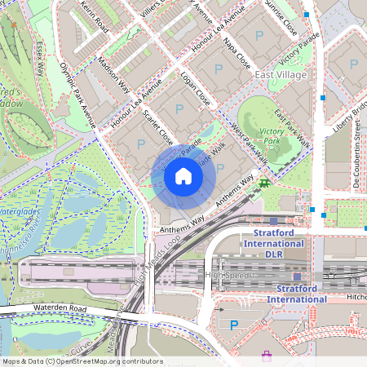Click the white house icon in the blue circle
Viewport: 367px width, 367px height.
click(183, 175)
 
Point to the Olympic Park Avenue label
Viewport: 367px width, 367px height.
click(78, 95)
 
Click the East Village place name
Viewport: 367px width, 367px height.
click(281, 75)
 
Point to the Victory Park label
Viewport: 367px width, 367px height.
click(270, 135)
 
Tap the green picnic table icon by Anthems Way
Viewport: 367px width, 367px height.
click(264, 183)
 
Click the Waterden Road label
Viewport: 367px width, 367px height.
click(61, 308)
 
